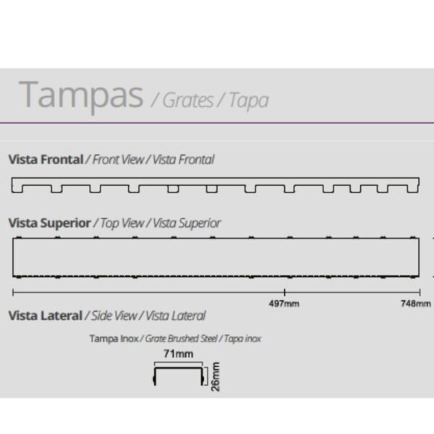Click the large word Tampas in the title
tap(81, 96)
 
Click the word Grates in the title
tap(188, 101)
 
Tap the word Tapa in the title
tap(249, 101)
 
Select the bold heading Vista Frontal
tap(46, 159)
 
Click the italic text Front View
tap(118, 159)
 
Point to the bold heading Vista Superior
tap(49, 223)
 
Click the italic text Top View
tap(122, 223)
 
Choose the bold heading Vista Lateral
tap(46, 315)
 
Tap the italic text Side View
tap(114, 315)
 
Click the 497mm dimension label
tap(284, 304)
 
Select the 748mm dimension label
tap(416, 304)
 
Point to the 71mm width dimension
tap(179, 354)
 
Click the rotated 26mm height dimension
tap(216, 377)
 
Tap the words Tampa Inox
tap(114, 339)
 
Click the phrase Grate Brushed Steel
tap(182, 339)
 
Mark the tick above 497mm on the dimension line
tap(284, 292)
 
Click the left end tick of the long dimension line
tap(13, 292)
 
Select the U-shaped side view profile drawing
tap(179, 368)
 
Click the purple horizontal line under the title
tap(217, 123)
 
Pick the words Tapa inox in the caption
tap(242, 339)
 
